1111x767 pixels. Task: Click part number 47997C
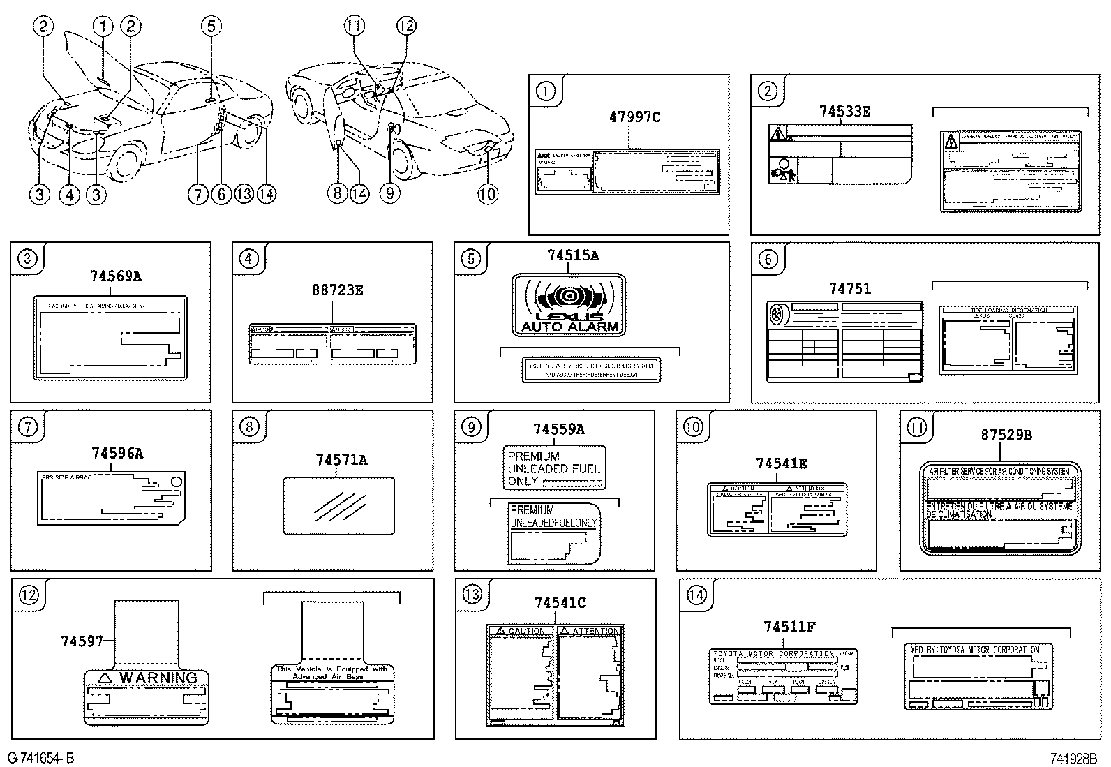tap(634, 117)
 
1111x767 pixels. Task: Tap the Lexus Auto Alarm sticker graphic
tap(569, 305)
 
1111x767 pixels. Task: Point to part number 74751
tap(849, 288)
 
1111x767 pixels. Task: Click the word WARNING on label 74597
tap(158, 678)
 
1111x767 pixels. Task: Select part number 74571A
tap(341, 459)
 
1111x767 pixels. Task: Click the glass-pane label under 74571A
tap(338, 505)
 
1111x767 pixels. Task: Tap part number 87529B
tap(1006, 434)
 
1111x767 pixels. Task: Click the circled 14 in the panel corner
tap(696, 595)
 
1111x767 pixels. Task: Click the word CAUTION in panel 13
tap(526, 631)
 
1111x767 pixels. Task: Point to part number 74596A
tap(117, 453)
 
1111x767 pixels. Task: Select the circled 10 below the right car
tap(488, 193)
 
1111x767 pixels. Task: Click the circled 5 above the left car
tap(211, 27)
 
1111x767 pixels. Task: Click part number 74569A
tap(115, 276)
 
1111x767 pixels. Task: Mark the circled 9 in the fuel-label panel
tap(472, 426)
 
